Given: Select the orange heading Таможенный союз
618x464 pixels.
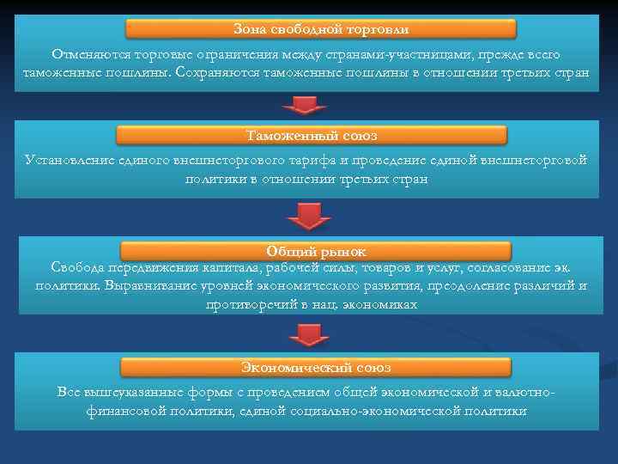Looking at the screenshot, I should coord(311,136).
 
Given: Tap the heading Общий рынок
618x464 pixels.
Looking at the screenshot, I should coord(315,251).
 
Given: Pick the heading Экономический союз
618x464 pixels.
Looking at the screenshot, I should coord(315,367).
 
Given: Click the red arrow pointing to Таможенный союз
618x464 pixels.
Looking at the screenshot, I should coord(304,105).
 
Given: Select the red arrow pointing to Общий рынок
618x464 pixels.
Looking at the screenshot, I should coord(304,217).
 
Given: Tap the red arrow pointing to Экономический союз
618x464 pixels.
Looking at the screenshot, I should coord(304,334).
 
